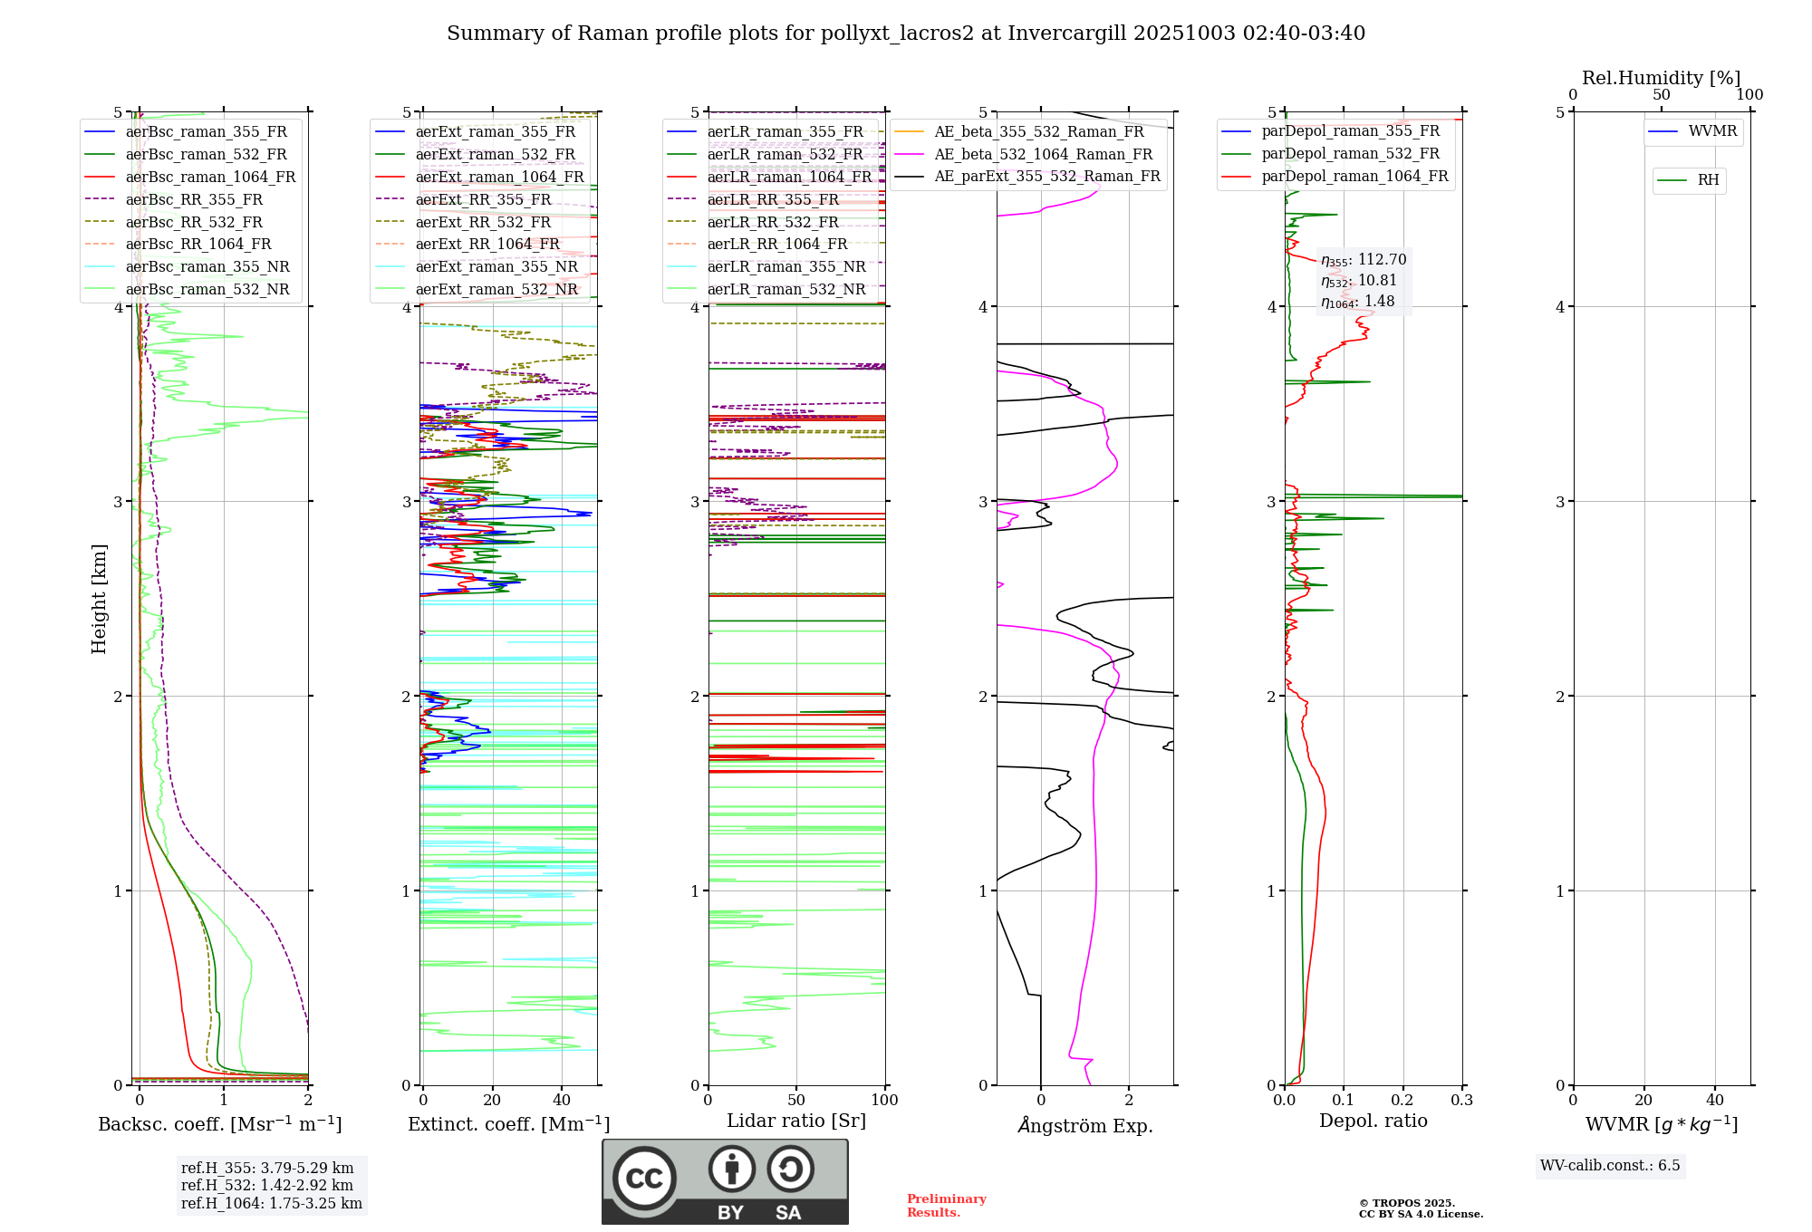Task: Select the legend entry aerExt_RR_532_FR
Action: [x=483, y=222]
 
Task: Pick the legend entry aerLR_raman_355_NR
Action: [x=786, y=266]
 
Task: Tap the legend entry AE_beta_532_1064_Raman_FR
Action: [x=1043, y=154]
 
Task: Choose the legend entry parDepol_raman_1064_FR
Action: [x=1354, y=176]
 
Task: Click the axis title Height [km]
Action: [x=99, y=599]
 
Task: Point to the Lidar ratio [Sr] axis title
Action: [x=795, y=1121]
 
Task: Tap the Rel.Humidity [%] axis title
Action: [x=1661, y=78]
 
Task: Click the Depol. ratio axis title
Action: [x=1373, y=1121]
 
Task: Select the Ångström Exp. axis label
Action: [x=1084, y=1126]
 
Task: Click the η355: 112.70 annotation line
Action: [x=1364, y=260]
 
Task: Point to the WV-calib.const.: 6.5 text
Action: [x=1610, y=1165]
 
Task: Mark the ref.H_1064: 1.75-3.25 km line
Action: [x=272, y=1203]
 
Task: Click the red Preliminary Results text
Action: [x=946, y=1205]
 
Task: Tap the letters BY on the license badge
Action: [x=730, y=1212]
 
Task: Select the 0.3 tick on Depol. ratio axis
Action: [x=1461, y=1100]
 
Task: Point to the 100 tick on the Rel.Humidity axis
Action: [x=1749, y=94]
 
